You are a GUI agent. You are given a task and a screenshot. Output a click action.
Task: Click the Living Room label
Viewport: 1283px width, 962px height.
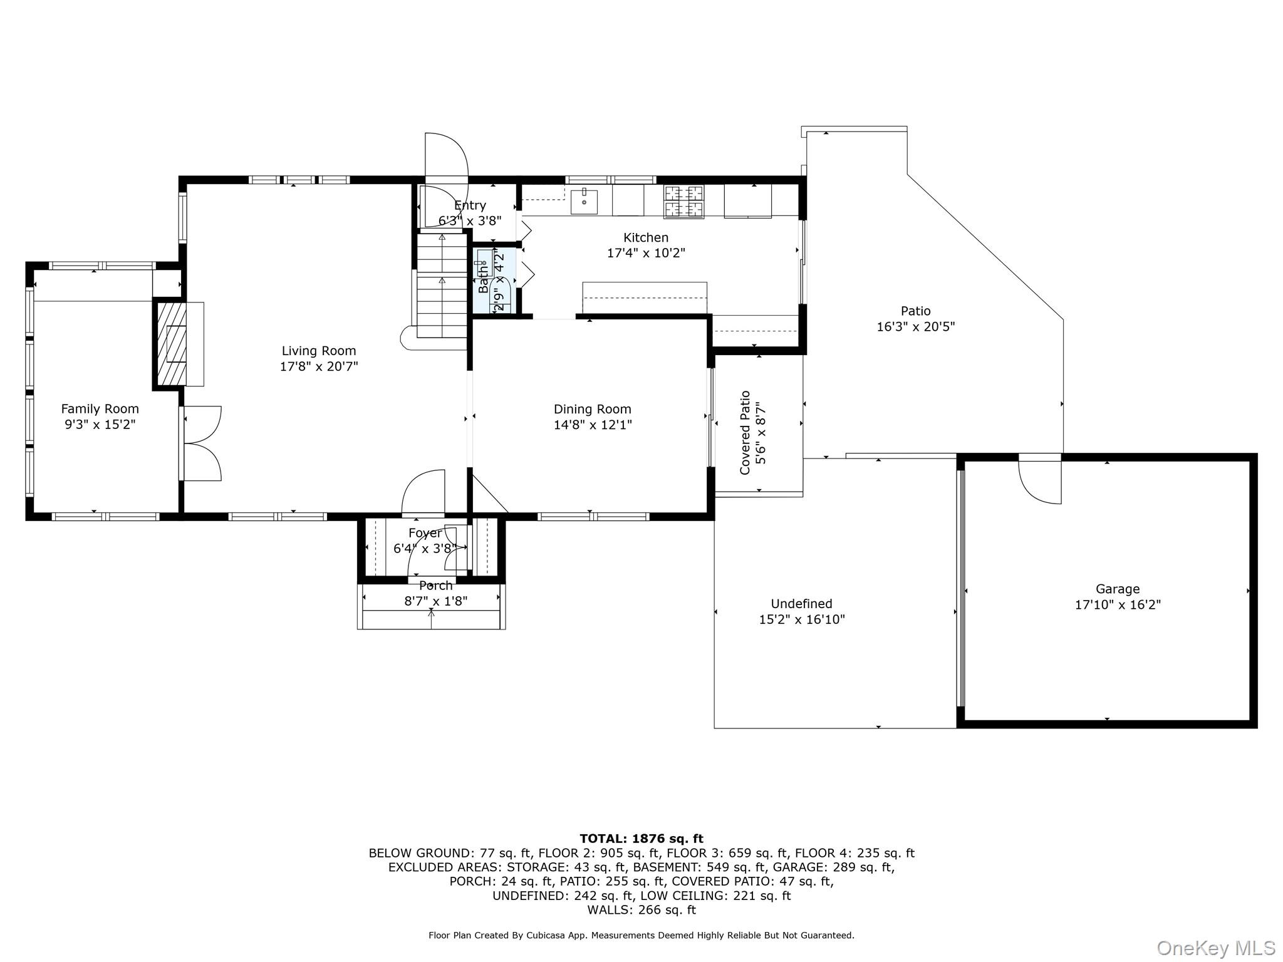[318, 351]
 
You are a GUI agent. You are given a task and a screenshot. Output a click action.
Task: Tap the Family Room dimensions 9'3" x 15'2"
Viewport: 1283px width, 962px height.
[100, 425]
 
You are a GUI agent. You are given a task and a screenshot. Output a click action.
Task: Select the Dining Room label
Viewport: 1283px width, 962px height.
[592, 410]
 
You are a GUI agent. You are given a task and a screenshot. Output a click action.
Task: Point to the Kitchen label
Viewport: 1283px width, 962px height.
[646, 238]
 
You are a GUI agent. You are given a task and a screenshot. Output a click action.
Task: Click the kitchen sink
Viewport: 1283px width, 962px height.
[584, 201]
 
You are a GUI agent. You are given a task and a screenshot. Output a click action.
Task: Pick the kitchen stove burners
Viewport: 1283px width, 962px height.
[683, 202]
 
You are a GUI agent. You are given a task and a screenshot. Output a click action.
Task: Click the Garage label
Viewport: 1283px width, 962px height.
[1118, 589]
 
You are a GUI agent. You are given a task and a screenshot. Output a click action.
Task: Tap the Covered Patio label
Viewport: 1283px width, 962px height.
[745, 433]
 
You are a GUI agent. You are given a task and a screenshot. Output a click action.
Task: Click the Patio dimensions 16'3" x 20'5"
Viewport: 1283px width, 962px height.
[915, 327]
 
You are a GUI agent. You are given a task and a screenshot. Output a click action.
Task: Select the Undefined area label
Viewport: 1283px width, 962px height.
[801, 604]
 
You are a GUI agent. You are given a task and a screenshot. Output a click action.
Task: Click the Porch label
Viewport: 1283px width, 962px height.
[435, 586]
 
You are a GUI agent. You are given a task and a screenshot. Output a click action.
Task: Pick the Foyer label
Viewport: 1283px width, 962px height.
[425, 534]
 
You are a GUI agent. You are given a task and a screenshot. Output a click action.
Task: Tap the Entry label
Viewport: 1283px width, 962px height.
[470, 206]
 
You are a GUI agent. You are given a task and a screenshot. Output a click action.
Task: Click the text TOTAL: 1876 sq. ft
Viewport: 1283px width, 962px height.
[641, 839]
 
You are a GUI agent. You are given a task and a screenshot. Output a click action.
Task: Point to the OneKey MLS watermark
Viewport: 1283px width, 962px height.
[1216, 948]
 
